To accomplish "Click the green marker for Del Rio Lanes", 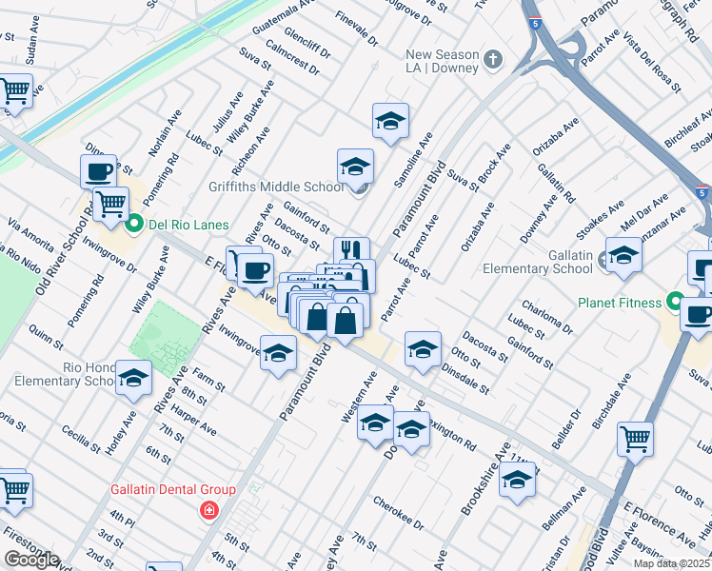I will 134,225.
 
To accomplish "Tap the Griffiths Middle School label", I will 277,187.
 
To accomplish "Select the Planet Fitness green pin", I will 675,304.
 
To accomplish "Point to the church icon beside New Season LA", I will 492,60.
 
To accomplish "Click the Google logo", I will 31,560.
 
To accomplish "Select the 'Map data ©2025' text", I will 671,563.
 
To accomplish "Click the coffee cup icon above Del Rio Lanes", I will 98,171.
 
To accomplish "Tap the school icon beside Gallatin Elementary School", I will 623,255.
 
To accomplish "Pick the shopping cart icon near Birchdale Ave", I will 635,439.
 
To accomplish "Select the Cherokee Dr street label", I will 398,512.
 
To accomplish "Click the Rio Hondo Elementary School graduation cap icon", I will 133,378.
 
